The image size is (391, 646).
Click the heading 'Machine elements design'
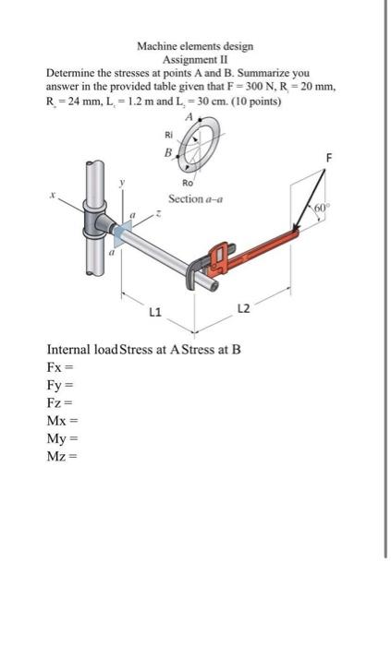tap(195, 45)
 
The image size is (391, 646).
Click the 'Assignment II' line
tap(195, 57)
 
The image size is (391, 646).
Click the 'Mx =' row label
tap(62, 423)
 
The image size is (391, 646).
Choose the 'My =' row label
tap(62, 440)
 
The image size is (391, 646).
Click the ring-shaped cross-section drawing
tap(195, 147)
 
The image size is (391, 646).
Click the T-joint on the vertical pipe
tap(95, 221)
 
